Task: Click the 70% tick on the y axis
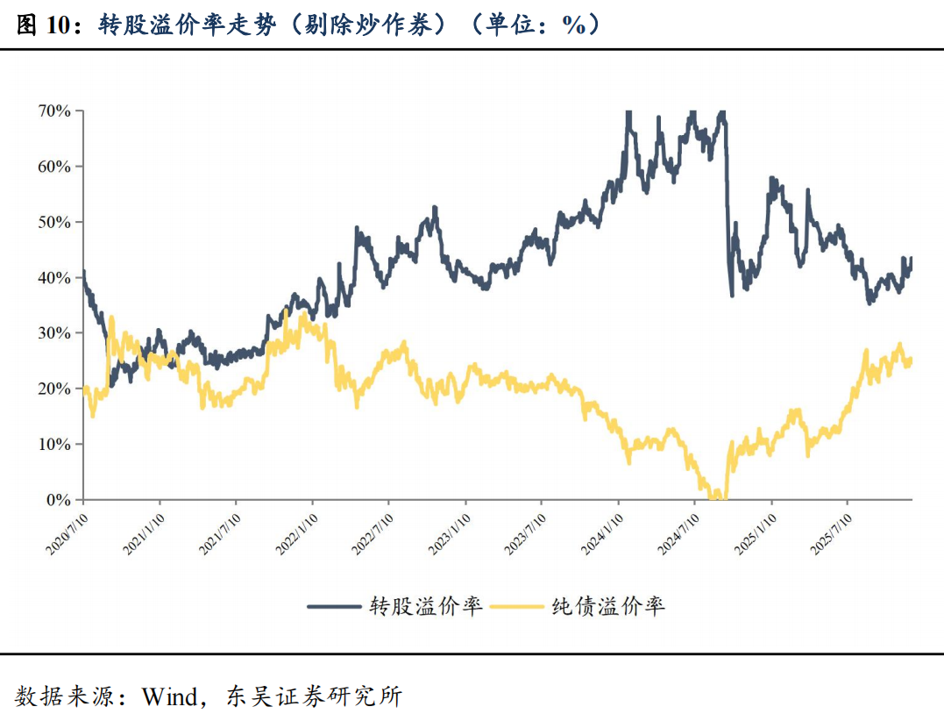pos(53,111)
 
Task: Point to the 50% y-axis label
pos(53,222)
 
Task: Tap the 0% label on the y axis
pos(58,500)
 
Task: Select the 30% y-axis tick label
pos(53,333)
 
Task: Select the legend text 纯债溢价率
pos(608,606)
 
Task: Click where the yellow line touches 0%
pos(717,497)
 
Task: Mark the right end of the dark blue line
pos(912,259)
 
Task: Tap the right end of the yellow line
pos(912,359)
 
